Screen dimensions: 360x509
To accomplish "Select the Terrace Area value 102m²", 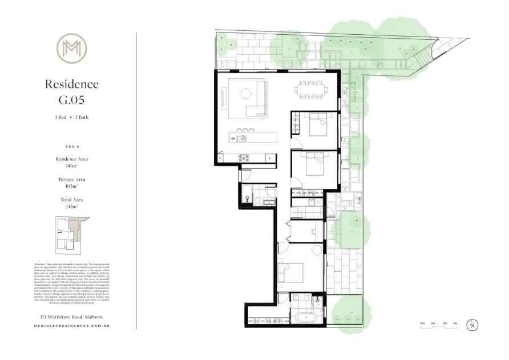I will point(72,186).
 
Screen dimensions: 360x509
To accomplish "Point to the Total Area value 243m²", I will point(72,207).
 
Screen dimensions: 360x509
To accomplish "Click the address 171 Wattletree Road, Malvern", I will point(72,316).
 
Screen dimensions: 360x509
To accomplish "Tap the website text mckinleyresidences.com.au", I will point(72,327).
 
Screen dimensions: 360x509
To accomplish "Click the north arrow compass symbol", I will point(472,326).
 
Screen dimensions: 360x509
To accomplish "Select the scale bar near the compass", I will point(439,326).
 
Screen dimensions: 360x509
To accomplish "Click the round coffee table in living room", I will point(245,94).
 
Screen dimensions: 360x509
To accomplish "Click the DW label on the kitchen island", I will point(233,138).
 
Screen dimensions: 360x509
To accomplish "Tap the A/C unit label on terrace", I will point(345,91).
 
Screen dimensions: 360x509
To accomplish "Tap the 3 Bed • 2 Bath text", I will point(72,117).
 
